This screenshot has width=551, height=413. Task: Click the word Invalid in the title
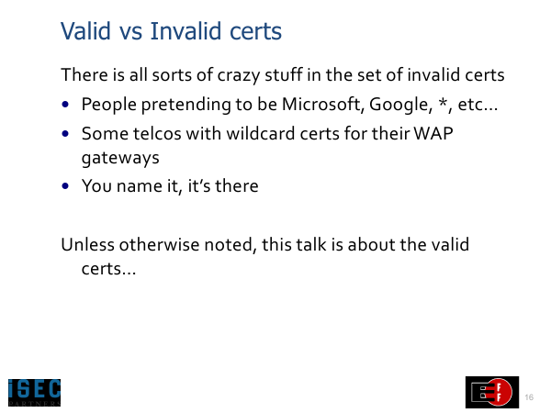point(187,31)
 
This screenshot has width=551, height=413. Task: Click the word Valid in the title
point(85,31)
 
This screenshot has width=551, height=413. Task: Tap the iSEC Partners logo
point(35,392)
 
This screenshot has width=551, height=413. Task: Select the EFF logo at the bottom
point(492,392)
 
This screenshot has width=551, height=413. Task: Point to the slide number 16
point(529,397)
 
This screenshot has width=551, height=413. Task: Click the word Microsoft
point(323,105)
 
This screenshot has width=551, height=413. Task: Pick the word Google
point(400,105)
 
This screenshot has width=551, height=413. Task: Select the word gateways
point(120,158)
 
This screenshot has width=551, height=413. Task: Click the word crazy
point(239,75)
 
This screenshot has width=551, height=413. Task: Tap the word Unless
point(87,244)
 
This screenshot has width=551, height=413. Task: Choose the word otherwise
point(159,244)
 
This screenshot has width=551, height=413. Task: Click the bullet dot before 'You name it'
point(65,185)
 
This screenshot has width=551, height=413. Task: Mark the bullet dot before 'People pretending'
point(65,105)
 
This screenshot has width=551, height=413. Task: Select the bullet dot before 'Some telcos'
point(65,133)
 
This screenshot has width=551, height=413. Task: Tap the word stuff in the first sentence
point(283,75)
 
